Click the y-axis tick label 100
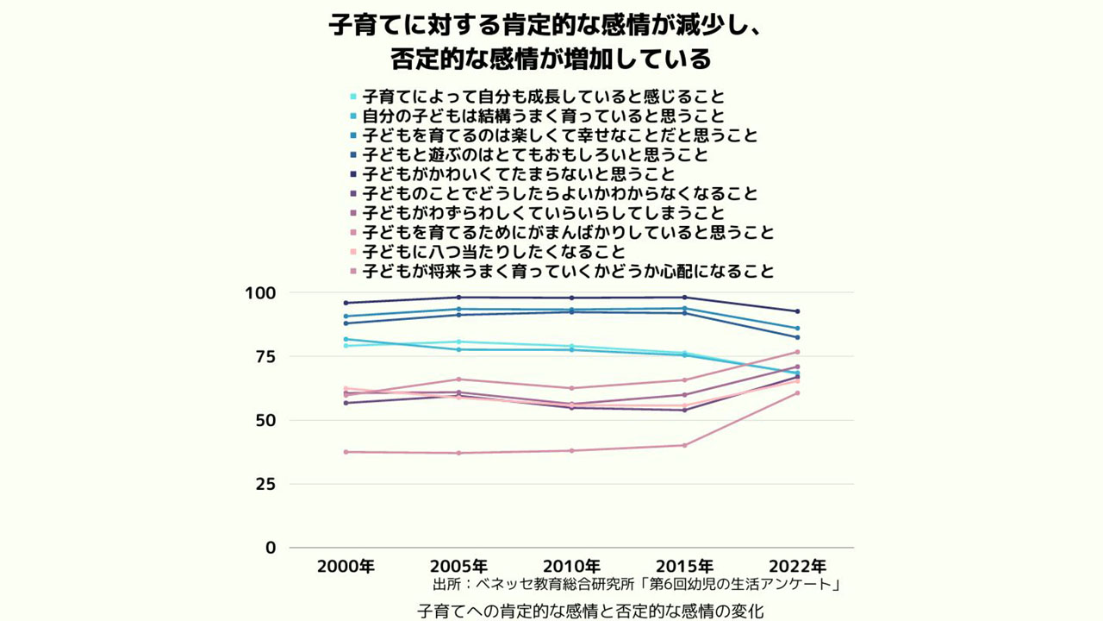click(260, 293)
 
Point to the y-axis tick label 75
click(265, 357)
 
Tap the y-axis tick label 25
click(265, 484)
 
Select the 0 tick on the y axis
click(271, 548)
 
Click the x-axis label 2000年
click(346, 567)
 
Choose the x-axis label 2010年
click(571, 567)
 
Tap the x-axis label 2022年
click(797, 567)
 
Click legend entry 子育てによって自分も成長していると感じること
click(543, 96)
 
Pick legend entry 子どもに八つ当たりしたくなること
click(493, 252)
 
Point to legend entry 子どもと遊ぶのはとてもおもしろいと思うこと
click(534, 155)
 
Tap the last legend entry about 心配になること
click(568, 272)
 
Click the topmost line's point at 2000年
click(346, 303)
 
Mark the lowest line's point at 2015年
click(684, 445)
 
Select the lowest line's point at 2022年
click(797, 393)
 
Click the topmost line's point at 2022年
click(797, 311)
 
